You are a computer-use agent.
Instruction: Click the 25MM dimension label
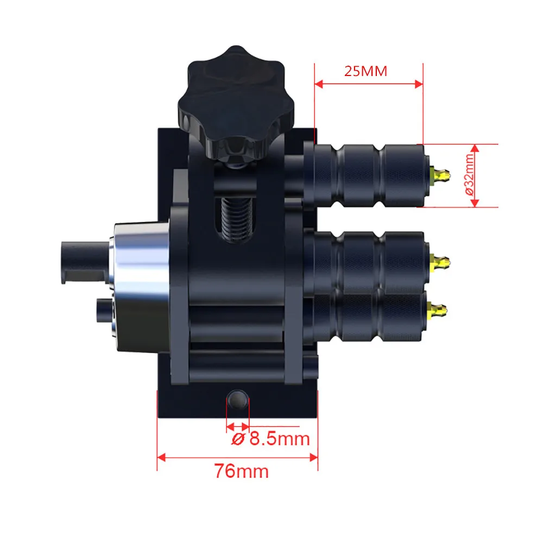pyautogui.click(x=365, y=71)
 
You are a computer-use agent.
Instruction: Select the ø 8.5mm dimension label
pyautogui.click(x=270, y=439)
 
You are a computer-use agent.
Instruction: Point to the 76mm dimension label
pyautogui.click(x=242, y=471)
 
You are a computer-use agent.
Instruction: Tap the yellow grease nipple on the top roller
pyautogui.click(x=439, y=175)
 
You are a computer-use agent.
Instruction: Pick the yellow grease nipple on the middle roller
pyautogui.click(x=439, y=262)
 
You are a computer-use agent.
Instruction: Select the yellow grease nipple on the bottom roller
pyautogui.click(x=437, y=311)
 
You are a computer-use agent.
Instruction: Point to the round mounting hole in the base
pyautogui.click(x=238, y=399)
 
